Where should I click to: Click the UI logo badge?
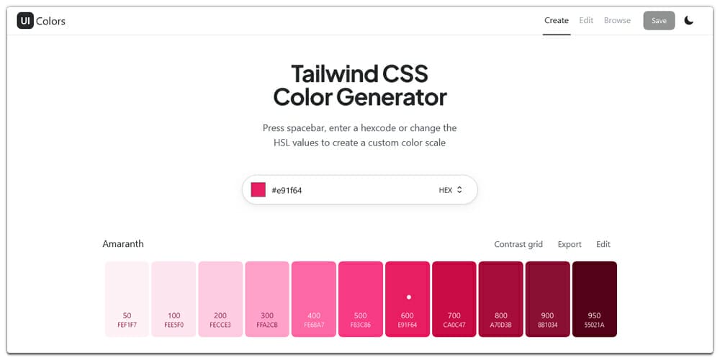pyautogui.click(x=25, y=21)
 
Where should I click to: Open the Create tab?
pyautogui.click(x=556, y=21)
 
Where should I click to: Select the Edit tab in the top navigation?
pyautogui.click(x=586, y=21)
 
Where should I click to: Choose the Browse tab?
pyautogui.click(x=617, y=21)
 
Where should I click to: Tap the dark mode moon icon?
pyautogui.click(x=689, y=21)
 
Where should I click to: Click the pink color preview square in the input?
pyautogui.click(x=258, y=190)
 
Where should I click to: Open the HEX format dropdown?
pyautogui.click(x=450, y=190)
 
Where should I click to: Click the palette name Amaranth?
pyautogui.click(x=123, y=244)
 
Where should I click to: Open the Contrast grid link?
pyautogui.click(x=518, y=245)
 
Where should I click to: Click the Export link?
pyautogui.click(x=570, y=245)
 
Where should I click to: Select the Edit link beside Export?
pyautogui.click(x=603, y=245)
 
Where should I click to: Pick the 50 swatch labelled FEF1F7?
pyautogui.click(x=127, y=299)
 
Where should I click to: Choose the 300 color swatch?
pyautogui.click(x=267, y=299)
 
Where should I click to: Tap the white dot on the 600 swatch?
pyautogui.click(x=409, y=297)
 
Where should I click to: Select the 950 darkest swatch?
pyautogui.click(x=595, y=299)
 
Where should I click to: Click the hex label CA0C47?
pyautogui.click(x=454, y=325)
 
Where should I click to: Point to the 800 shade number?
pyautogui.click(x=501, y=315)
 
